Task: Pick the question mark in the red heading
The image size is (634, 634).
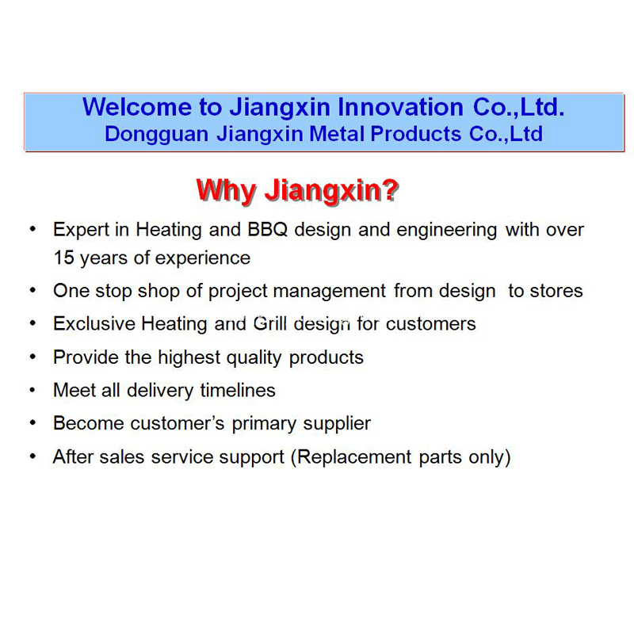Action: click(x=389, y=190)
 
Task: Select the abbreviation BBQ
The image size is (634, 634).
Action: click(x=270, y=230)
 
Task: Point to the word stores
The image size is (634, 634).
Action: click(x=556, y=291)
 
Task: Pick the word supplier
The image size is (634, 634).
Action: click(x=338, y=423)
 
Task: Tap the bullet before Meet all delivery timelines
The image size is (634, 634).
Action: click(x=32, y=389)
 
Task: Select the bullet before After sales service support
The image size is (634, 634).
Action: click(x=32, y=456)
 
